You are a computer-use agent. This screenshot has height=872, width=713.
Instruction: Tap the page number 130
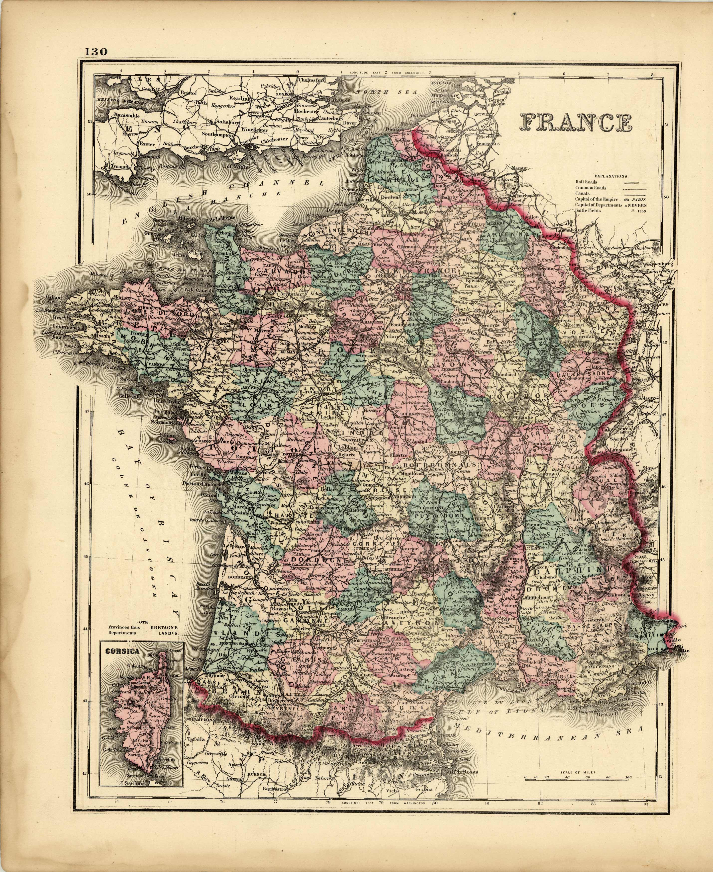coord(97,52)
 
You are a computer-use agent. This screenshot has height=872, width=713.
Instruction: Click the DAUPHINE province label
coord(568,571)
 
